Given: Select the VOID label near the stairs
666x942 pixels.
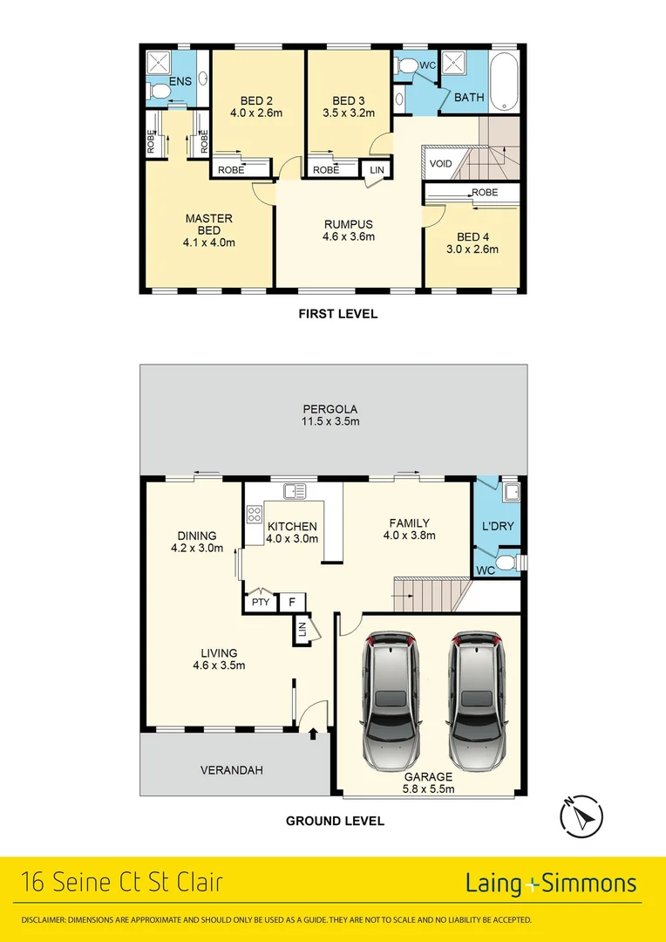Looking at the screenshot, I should tap(440, 163).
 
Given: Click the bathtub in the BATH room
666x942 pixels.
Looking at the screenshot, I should tap(504, 81).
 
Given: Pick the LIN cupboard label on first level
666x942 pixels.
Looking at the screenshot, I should tap(377, 170).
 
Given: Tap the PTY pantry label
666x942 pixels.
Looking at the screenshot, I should tap(260, 602).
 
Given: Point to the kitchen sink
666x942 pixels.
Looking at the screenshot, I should tap(295, 491).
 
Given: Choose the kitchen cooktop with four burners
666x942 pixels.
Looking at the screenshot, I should tap(255, 521).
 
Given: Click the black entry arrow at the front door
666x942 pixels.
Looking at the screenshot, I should tap(313, 735).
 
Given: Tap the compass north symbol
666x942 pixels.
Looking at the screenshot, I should tap(579, 816).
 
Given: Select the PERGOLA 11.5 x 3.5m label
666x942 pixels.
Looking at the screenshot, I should tap(330, 415).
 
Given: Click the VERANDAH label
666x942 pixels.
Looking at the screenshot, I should tap(231, 770).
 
